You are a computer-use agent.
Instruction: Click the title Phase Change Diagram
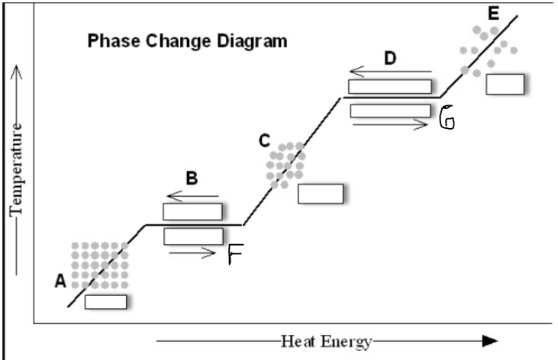188,41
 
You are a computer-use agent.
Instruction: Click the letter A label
61,281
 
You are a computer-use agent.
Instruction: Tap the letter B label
192,178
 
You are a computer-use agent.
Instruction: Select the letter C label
264,140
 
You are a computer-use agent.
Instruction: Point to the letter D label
391,58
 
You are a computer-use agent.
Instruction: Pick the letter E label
493,14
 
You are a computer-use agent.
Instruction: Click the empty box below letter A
105,301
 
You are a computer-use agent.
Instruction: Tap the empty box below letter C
321,194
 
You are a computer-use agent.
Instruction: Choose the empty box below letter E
505,84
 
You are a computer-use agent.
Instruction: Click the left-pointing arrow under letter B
192,196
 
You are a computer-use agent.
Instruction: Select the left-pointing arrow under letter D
390,73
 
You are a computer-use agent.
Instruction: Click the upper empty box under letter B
193,211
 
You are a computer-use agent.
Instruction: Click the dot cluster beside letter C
285,164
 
